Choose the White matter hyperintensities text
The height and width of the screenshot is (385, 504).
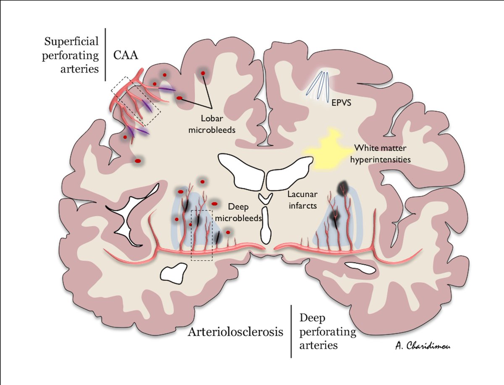click(x=381, y=154)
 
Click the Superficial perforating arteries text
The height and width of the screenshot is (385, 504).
click(x=71, y=55)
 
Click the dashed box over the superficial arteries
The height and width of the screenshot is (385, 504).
click(x=136, y=101)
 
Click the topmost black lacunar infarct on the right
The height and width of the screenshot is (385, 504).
click(x=344, y=187)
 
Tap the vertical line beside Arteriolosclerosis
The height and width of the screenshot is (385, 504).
click(x=291, y=332)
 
